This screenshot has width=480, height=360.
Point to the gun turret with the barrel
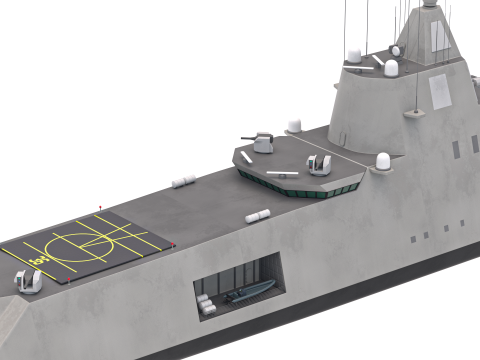(263, 142)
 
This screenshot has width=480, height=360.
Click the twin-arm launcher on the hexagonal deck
(320, 163)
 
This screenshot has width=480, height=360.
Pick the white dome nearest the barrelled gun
(294, 126)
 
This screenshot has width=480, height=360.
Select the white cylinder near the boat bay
(259, 215)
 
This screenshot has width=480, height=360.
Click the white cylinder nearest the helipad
(183, 181)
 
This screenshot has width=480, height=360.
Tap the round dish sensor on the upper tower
(396, 50)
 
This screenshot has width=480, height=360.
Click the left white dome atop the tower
(355, 54)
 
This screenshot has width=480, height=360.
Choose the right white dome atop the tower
(391, 68)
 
